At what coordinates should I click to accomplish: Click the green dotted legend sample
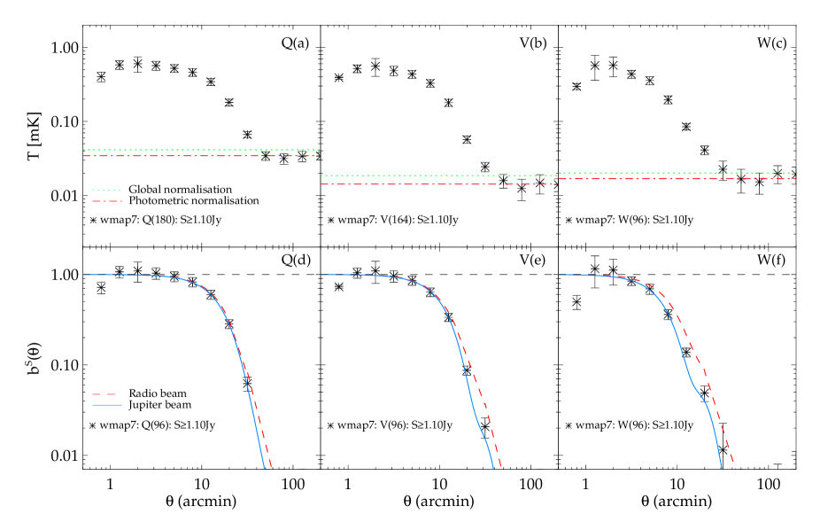pyautogui.click(x=106, y=191)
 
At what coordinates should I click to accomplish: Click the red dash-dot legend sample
pyautogui.click(x=106, y=201)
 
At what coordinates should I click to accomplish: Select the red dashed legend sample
pyautogui.click(x=104, y=393)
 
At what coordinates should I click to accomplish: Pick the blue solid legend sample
pyautogui.click(x=106, y=405)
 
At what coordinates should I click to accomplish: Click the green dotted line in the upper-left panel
pyautogui.click(x=201, y=150)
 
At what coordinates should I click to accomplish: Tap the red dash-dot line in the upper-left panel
pyautogui.click(x=201, y=156)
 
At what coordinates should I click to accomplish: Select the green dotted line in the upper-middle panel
pyautogui.click(x=438, y=175)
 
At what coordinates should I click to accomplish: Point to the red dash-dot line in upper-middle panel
pyautogui.click(x=438, y=184)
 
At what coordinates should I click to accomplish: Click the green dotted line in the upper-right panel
pyautogui.click(x=677, y=173)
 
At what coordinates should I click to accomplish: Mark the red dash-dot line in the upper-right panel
pyautogui.click(x=677, y=178)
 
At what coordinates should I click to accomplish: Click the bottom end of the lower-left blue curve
pyautogui.click(x=264, y=467)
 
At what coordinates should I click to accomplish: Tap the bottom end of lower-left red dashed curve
pyautogui.click(x=271, y=466)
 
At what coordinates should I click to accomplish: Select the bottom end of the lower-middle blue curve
pyautogui.click(x=493, y=467)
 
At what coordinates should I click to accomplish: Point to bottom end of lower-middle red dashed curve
pyautogui.click(x=500, y=466)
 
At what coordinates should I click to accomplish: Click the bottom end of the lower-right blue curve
pyautogui.click(x=723, y=467)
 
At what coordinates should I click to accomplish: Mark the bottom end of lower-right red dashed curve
pyautogui.click(x=735, y=468)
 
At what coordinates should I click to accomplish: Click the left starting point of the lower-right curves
pyautogui.click(x=559, y=275)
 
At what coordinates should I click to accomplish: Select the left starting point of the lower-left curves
pyautogui.click(x=84, y=275)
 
